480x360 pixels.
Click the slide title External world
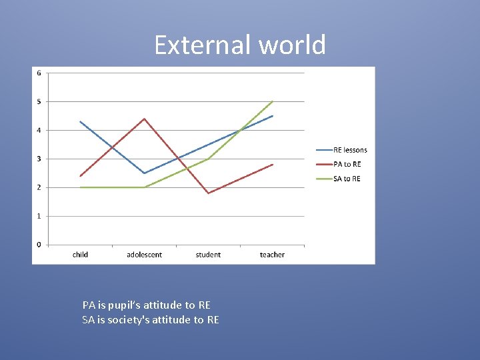tap(240, 45)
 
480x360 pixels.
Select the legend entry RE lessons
tap(350, 150)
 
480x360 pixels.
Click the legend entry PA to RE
tap(347, 164)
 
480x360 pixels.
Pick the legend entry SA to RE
tap(347, 179)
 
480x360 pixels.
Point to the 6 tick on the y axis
tap(39, 73)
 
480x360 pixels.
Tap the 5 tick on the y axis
tap(39, 101)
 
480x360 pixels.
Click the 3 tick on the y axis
tap(39, 159)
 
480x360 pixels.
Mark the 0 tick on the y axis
tap(39, 245)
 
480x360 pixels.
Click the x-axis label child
tap(80, 255)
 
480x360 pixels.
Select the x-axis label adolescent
tap(144, 255)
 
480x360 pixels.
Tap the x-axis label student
tap(208, 255)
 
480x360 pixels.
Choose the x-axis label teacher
tap(272, 255)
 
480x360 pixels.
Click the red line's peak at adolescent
tap(144, 119)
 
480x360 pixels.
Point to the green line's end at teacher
tap(273, 101)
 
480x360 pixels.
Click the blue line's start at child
tap(80, 121)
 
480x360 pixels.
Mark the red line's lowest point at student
tap(209, 193)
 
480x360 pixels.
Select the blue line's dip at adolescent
tap(144, 173)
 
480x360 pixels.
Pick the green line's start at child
tap(80, 187)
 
